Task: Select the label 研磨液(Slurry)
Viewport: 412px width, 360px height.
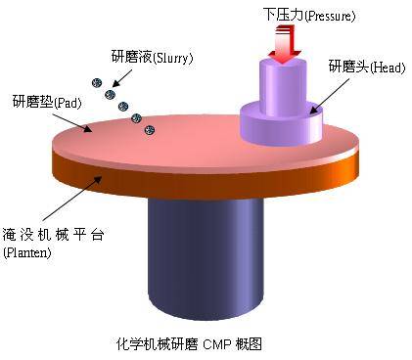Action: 153,57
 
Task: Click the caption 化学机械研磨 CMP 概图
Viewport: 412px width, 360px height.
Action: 190,343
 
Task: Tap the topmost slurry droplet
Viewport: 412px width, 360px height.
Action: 97,82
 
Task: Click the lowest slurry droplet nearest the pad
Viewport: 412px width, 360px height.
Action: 149,128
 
